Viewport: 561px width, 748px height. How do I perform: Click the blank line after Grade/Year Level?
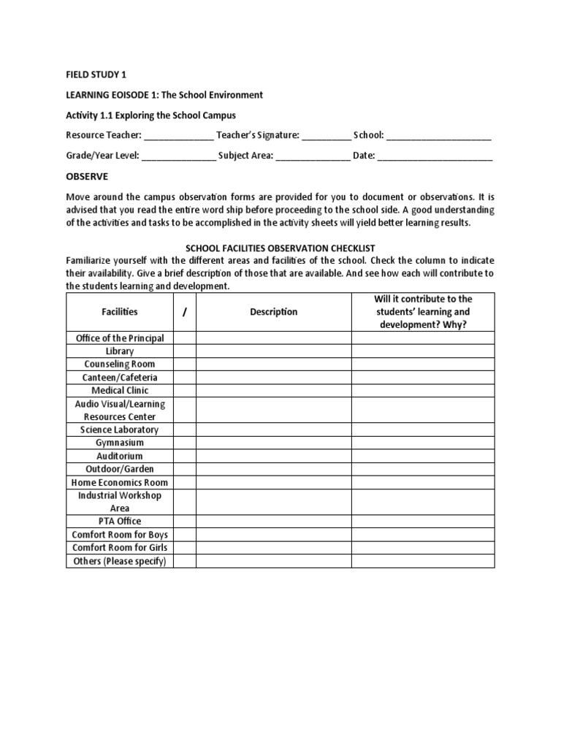[178, 156]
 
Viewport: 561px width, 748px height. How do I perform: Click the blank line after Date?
[435, 156]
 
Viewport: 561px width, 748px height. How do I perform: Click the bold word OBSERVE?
[87, 176]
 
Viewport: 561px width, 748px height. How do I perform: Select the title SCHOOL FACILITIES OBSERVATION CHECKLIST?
[280, 248]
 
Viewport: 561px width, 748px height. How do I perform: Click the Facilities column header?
[120, 312]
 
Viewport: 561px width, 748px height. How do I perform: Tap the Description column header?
[274, 312]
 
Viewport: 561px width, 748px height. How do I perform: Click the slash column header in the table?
[185, 312]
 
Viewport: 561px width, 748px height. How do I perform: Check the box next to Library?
[185, 351]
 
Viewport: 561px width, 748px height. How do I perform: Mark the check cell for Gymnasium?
[185, 443]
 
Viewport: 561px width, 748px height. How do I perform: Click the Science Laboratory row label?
[120, 430]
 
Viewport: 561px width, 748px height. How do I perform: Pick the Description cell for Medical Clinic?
[274, 390]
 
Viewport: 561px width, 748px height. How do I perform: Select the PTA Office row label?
[120, 522]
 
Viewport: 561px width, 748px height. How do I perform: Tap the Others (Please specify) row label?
[120, 561]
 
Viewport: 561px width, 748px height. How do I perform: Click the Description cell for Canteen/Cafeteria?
[274, 377]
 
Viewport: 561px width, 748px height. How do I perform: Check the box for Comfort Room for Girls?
[185, 548]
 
